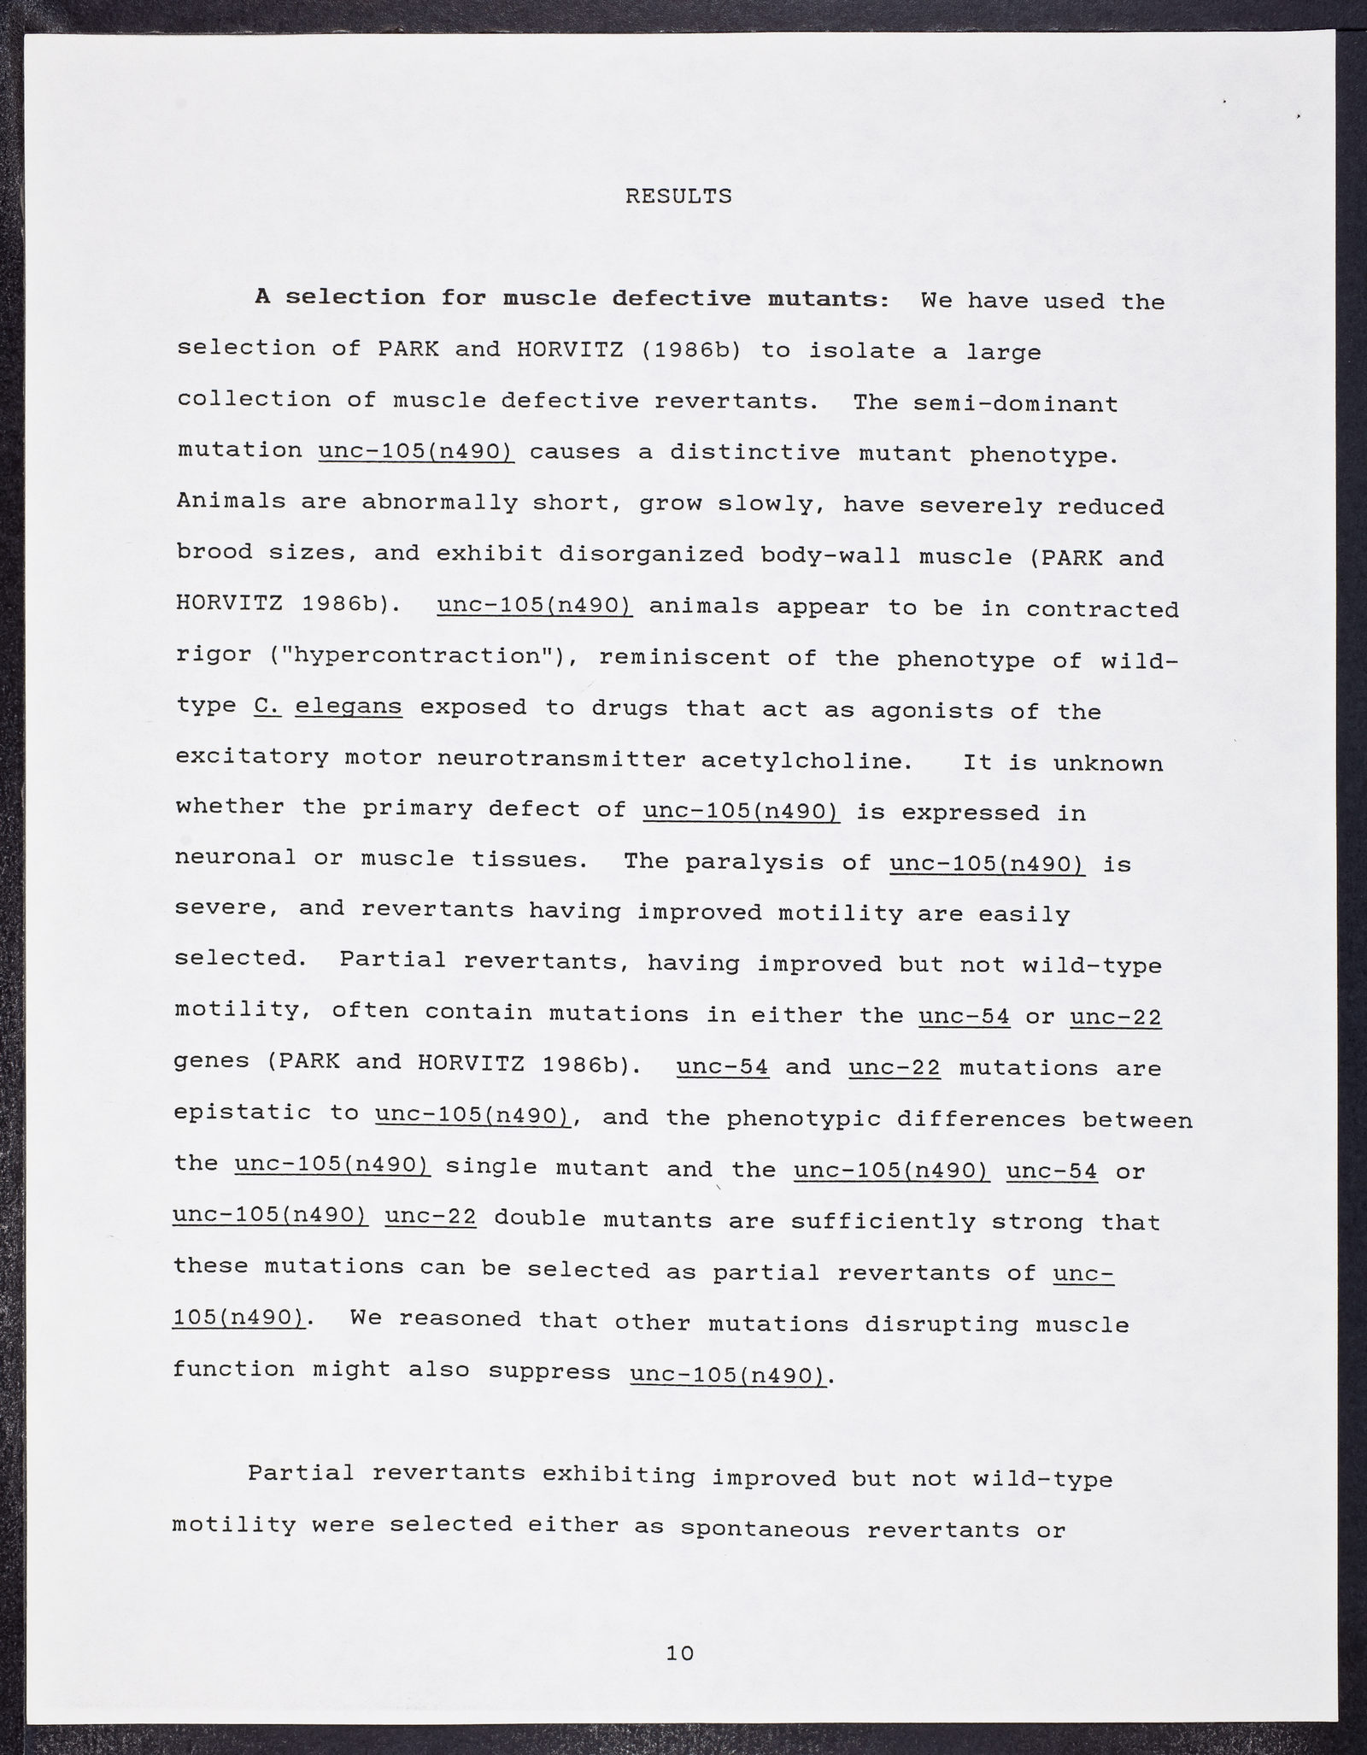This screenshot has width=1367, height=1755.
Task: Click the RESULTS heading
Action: tap(678, 197)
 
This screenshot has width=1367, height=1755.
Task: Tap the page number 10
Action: tap(679, 1652)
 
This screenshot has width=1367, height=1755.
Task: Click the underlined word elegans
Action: tap(348, 707)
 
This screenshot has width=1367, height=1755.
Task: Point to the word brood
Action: tap(214, 552)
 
